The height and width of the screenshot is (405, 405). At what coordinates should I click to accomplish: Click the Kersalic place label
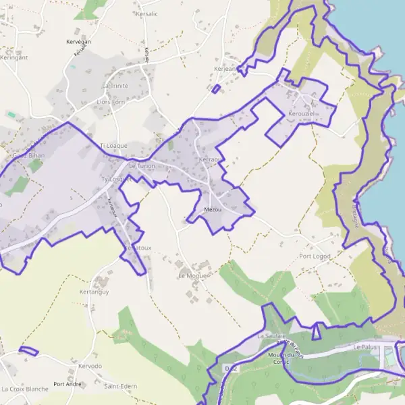(146, 13)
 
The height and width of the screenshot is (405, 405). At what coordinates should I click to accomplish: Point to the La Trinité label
(114, 86)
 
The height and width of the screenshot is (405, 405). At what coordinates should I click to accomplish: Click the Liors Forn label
(111, 102)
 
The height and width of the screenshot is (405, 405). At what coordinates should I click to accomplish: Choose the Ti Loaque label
(113, 145)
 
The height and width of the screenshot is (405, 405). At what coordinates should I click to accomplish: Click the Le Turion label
(142, 165)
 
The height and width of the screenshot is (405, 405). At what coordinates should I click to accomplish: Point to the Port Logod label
(314, 256)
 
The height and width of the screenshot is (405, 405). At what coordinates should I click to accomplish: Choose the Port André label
(67, 384)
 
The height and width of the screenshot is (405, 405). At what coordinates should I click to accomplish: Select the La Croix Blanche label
(25, 389)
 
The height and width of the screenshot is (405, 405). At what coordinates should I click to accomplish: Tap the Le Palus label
(364, 347)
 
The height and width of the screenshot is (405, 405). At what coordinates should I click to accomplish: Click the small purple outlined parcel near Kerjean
(216, 88)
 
